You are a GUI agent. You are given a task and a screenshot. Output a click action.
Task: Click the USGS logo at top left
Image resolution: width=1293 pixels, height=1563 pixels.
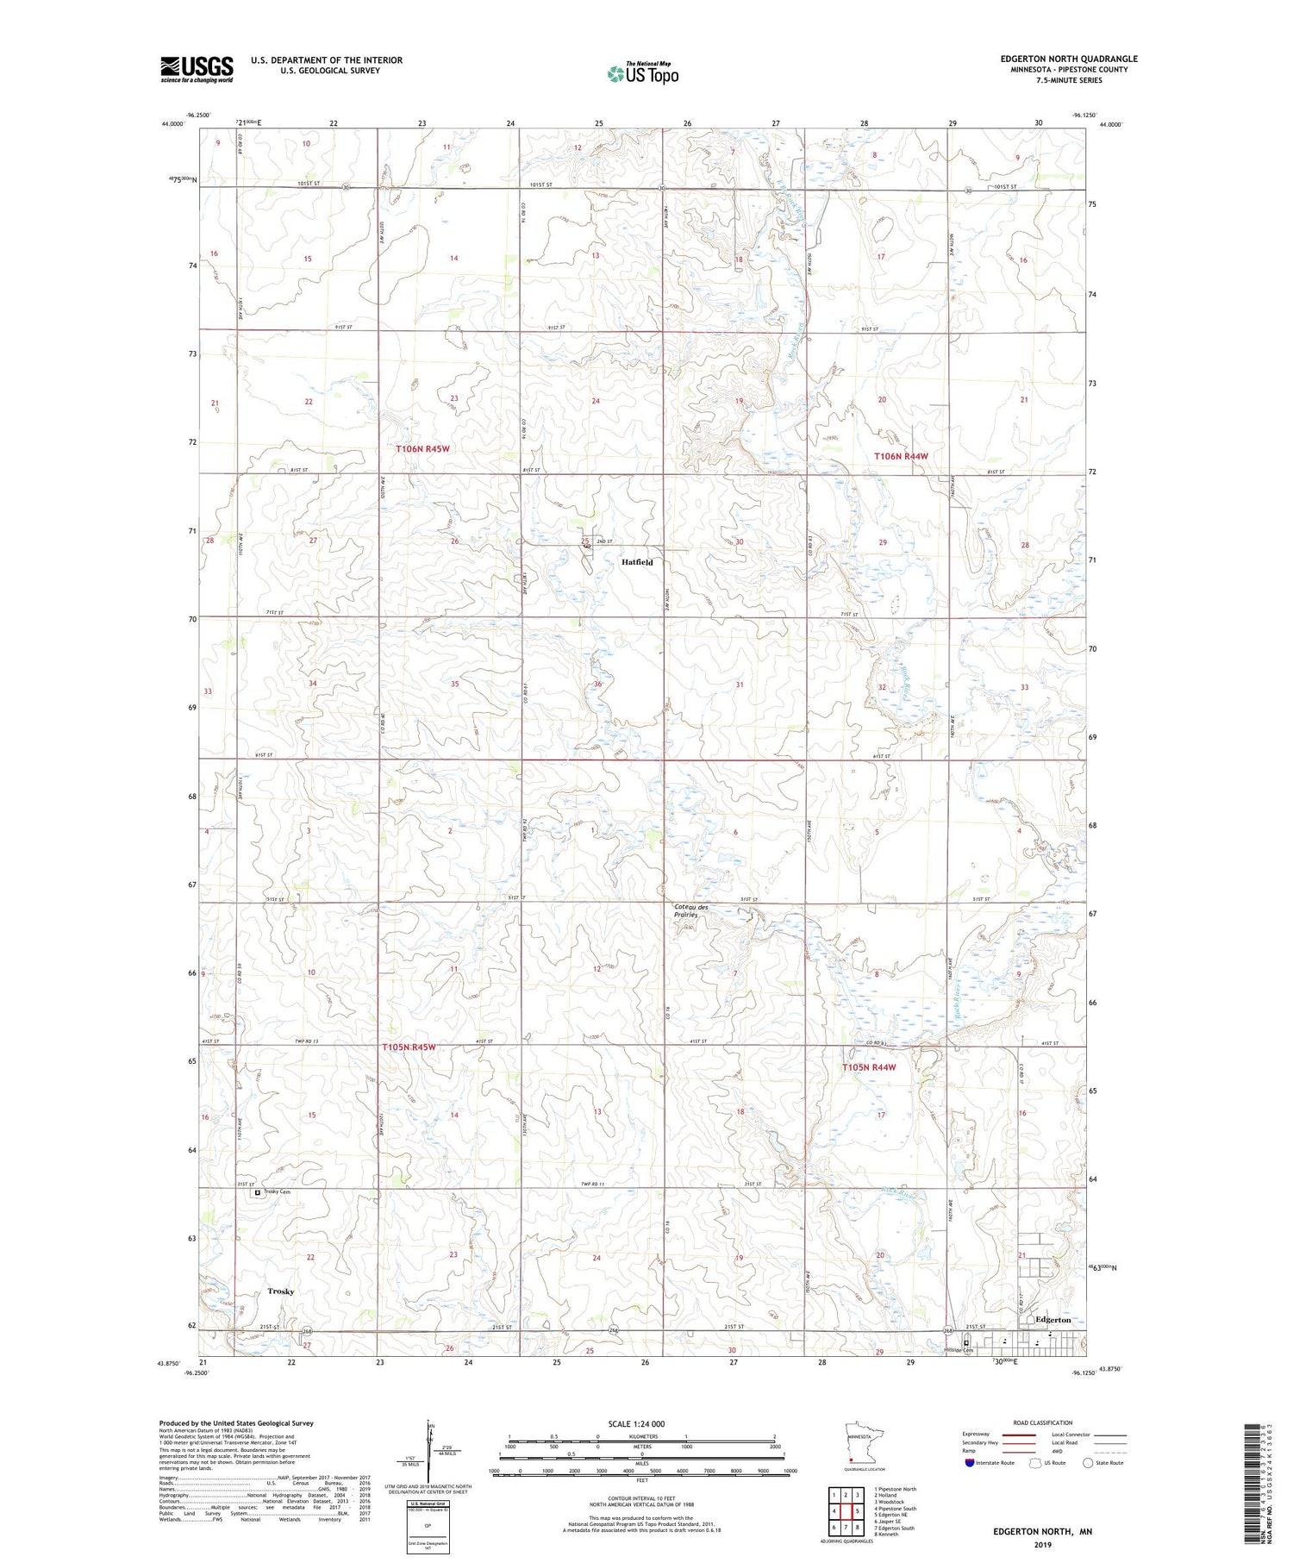click(197, 69)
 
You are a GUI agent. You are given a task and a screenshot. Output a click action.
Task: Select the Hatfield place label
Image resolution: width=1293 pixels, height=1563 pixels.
click(637, 562)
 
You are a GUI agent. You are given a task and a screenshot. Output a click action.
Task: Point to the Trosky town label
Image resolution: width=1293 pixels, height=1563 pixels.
click(280, 1291)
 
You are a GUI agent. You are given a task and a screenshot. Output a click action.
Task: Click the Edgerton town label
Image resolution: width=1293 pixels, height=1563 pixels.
click(1053, 1320)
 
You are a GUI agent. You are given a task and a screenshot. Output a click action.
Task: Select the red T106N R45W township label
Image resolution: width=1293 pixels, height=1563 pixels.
click(422, 449)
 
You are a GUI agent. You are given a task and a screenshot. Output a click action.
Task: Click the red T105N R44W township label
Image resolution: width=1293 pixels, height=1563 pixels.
click(869, 1067)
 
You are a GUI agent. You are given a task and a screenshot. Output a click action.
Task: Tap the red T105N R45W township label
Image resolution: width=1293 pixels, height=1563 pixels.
click(409, 1047)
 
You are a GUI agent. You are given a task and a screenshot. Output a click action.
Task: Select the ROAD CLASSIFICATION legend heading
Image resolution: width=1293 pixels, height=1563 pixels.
click(1043, 1422)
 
